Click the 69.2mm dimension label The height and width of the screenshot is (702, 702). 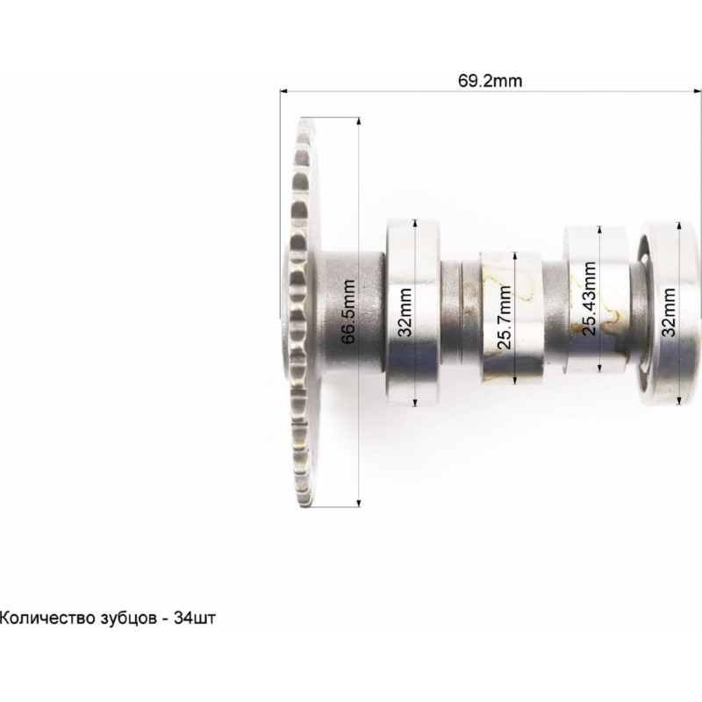point(490,81)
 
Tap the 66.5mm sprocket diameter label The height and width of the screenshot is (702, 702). point(348,312)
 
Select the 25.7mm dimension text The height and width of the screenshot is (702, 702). point(504,318)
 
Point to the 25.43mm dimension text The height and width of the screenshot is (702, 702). point(589,298)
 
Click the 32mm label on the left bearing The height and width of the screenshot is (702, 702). point(405,312)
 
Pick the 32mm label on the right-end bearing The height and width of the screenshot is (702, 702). point(669,312)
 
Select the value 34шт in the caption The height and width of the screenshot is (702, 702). point(195,618)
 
